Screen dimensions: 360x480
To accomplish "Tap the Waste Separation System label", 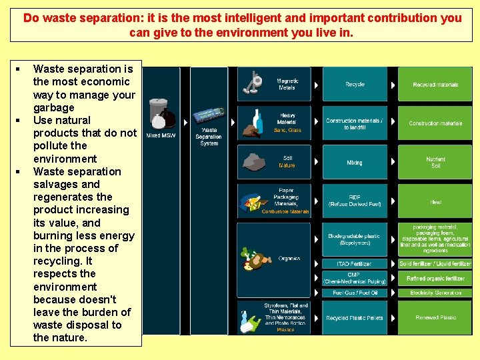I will (209, 137).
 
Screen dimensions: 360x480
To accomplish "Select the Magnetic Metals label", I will (287, 84).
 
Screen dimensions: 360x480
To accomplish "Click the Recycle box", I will (355, 85).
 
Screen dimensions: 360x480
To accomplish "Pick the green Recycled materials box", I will (435, 85).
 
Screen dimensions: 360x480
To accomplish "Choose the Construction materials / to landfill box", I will (355, 123).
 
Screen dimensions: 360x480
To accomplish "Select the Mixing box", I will (355, 163).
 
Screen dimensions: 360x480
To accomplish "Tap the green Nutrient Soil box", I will (435, 163).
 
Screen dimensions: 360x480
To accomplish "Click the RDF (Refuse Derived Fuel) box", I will (355, 201).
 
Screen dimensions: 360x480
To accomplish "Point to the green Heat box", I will (435, 201).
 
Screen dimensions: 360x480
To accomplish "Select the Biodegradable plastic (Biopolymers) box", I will (355, 239).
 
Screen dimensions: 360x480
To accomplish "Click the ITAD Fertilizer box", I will (355, 264).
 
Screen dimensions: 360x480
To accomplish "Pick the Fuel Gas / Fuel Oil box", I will (355, 293).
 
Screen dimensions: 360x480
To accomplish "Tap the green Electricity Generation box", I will (435, 293).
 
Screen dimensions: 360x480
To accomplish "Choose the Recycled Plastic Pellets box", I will (355, 318).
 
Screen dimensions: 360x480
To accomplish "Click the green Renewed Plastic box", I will (435, 318).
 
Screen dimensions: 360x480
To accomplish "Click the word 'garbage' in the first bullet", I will (54, 107).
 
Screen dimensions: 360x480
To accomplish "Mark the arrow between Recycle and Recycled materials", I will (393, 85).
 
